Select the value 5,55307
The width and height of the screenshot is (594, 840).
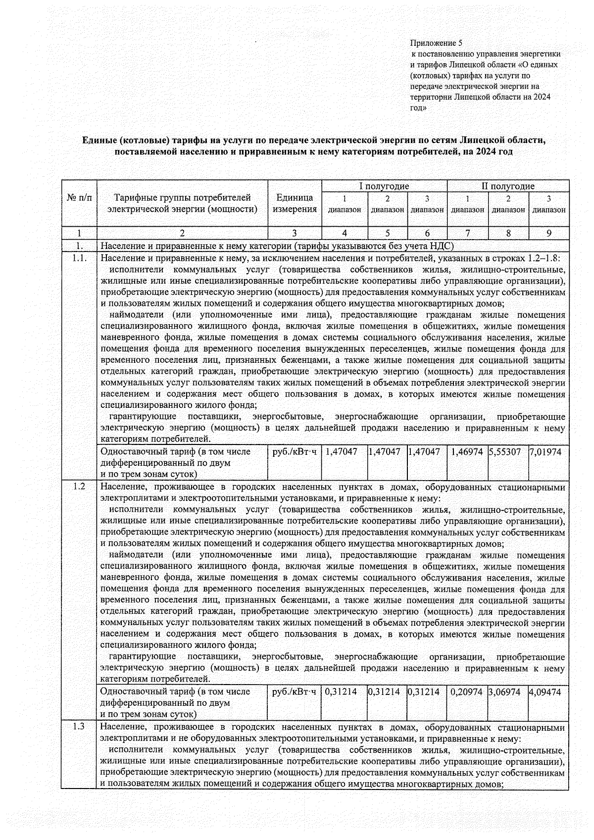click(504, 452)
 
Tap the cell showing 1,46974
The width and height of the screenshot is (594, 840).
click(466, 452)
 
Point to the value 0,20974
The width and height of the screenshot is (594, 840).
click(466, 692)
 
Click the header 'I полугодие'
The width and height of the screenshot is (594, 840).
click(384, 186)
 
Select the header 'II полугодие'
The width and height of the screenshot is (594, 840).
click(508, 186)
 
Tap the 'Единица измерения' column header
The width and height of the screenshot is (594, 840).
click(295, 203)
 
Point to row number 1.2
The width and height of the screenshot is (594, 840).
click(79, 486)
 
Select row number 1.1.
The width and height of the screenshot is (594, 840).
click(79, 258)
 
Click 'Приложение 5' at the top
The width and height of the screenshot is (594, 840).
click(436, 43)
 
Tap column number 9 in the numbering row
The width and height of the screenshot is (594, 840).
click(548, 233)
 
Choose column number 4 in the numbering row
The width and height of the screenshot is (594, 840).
click(345, 233)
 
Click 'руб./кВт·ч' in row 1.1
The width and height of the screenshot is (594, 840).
click(294, 452)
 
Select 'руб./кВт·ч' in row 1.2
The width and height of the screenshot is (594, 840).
click(294, 692)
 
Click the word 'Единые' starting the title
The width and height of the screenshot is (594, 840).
click(99, 140)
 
